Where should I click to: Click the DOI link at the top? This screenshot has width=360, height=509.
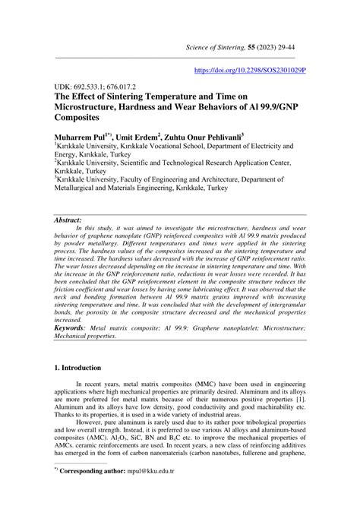pos(251,69)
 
